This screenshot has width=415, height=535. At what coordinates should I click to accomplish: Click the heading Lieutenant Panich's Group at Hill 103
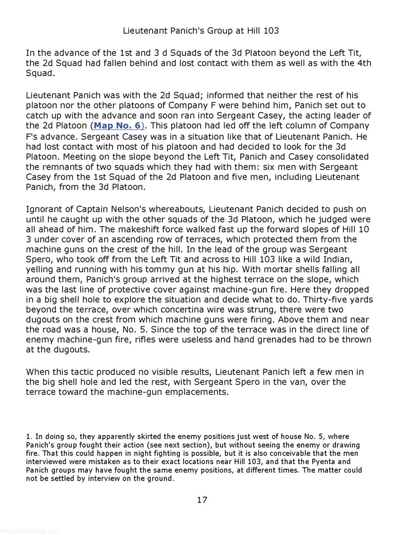tap(201, 31)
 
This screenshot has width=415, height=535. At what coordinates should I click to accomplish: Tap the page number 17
tap(202, 500)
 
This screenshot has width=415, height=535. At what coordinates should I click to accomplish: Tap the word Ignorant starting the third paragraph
tap(45, 210)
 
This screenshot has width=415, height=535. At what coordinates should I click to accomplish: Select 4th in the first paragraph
tap(363, 63)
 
